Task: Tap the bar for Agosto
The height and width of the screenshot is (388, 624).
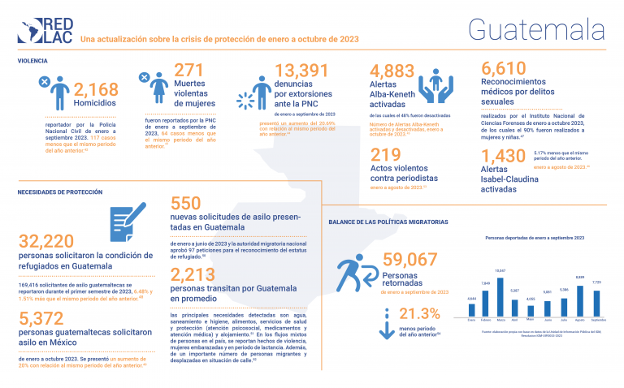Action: pos(579,297)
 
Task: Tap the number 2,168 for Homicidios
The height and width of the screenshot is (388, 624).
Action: pos(96,89)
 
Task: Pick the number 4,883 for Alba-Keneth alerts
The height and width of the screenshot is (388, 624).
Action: pos(392,71)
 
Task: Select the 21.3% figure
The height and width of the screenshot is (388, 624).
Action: pos(424,315)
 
